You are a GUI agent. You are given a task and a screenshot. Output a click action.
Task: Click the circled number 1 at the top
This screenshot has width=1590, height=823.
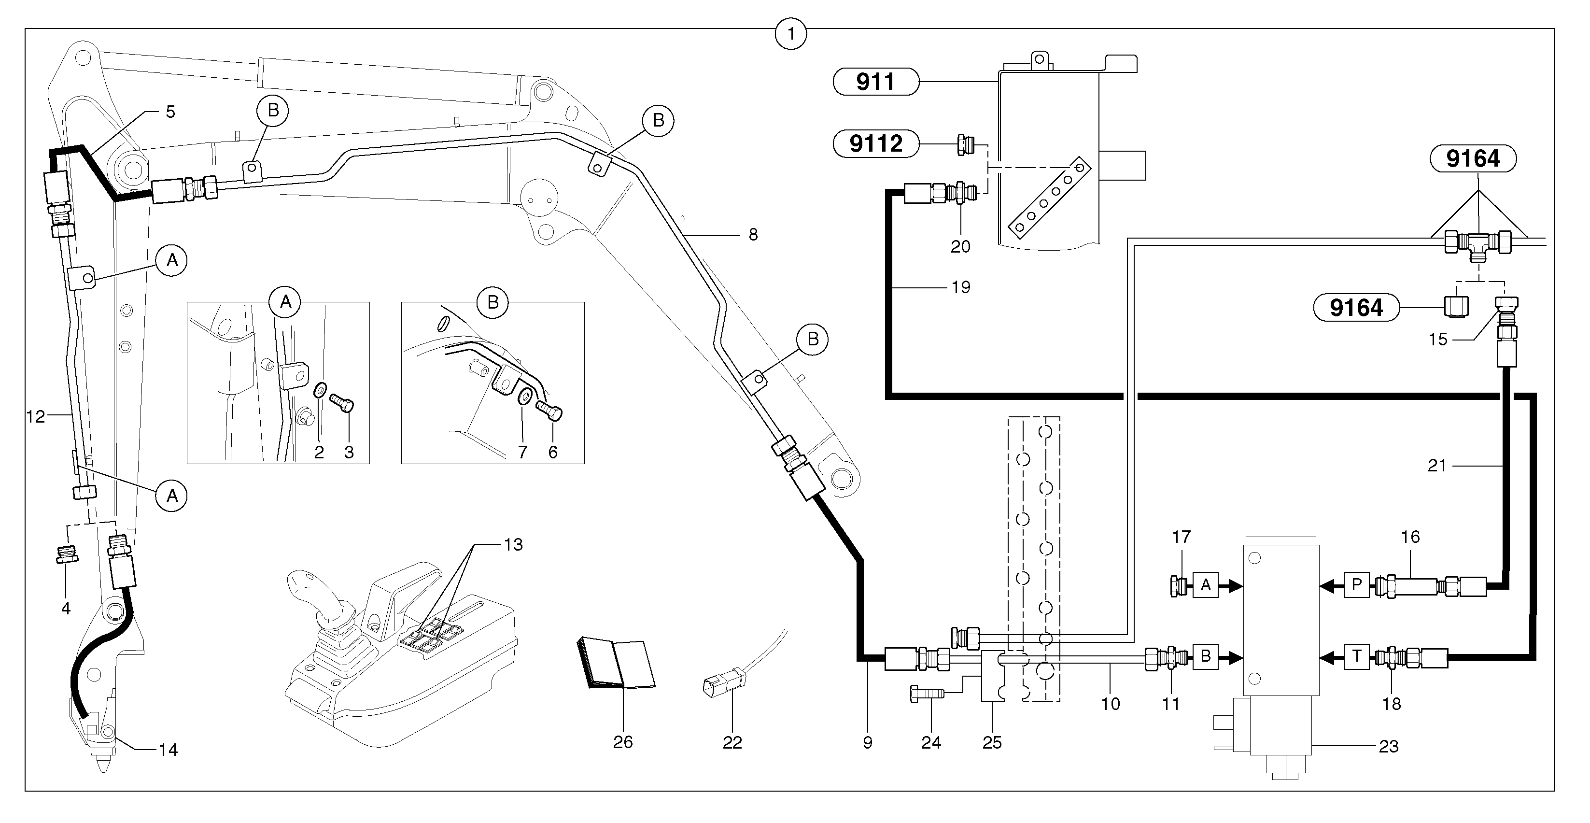791,34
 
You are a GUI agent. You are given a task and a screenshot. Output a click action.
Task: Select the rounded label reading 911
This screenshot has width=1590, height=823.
875,82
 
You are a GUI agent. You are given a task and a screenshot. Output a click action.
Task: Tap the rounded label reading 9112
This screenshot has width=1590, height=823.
875,144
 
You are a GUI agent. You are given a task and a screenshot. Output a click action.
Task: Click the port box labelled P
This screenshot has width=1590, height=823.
1357,585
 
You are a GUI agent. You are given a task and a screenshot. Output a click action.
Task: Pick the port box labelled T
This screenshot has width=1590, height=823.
1357,656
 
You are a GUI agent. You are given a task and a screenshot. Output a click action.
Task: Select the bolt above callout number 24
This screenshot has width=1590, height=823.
927,694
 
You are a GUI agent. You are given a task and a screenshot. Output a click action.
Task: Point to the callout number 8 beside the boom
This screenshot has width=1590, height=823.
753,235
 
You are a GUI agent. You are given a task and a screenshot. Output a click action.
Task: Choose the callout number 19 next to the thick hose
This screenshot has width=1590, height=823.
960,287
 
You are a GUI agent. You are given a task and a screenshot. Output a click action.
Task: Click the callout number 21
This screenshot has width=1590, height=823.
1437,466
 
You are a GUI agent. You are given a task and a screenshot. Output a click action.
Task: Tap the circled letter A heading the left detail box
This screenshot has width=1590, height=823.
285,302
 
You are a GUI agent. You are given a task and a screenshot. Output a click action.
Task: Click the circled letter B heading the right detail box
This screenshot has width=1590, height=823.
492,302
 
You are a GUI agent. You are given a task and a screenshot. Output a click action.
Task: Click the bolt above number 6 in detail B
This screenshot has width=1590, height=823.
549,410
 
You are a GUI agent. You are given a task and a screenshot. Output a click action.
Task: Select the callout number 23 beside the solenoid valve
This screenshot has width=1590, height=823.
1388,746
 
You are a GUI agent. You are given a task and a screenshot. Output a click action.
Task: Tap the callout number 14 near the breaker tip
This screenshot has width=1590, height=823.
168,750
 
